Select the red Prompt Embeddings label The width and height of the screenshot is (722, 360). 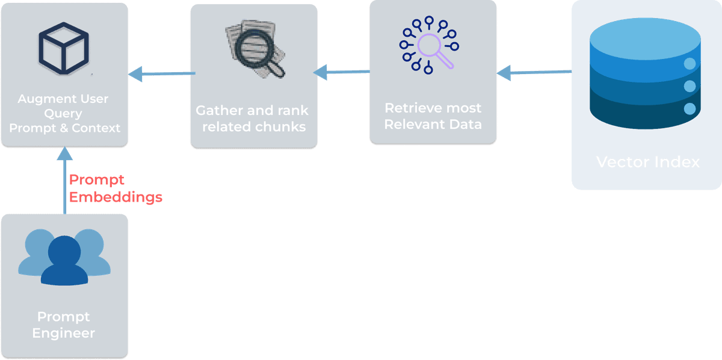[x=116, y=188]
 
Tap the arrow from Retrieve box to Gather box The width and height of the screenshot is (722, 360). [x=342, y=73]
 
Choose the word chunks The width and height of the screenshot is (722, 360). [x=280, y=126]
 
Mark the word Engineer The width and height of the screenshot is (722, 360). [x=64, y=332]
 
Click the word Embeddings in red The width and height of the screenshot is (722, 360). [x=116, y=197]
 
